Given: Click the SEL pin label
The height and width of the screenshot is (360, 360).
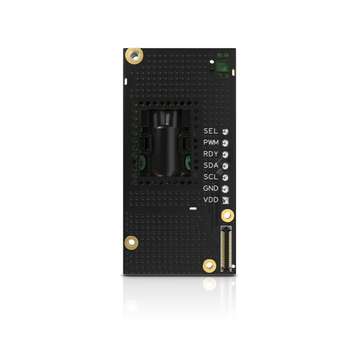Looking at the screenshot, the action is point(210,131).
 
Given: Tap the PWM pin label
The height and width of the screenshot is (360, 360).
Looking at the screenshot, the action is point(211,142).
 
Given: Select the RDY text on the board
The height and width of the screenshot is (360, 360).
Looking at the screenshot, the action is point(210,154).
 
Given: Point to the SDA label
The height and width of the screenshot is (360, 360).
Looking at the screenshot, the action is point(211,165).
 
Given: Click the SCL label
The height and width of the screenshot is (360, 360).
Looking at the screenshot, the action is point(210,177).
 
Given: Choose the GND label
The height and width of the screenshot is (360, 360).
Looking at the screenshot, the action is point(210,188).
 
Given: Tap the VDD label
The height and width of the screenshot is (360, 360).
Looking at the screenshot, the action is point(211,200).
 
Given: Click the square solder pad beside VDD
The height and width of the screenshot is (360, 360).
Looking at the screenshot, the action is point(225,201).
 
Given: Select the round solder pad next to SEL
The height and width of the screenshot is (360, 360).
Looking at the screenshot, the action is point(225,132).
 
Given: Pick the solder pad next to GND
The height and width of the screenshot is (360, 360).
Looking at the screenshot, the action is point(225,189).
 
